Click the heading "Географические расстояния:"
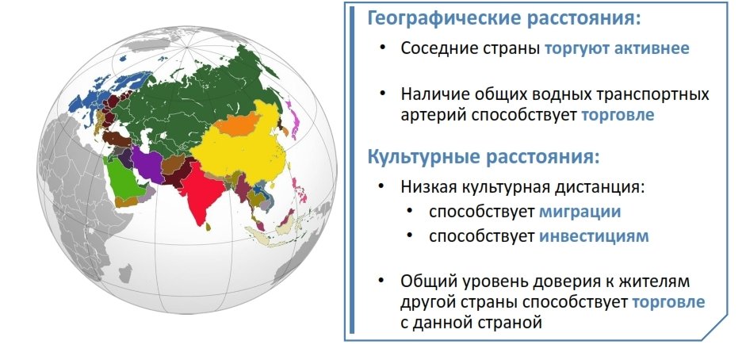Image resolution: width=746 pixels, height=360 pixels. pyautogui.click(x=504, y=18)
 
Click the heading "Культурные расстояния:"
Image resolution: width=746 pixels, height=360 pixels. pyautogui.click(x=484, y=157)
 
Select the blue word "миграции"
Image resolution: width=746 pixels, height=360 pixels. pyautogui.click(x=580, y=211)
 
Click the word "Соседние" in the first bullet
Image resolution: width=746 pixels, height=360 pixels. pyautogui.click(x=438, y=48)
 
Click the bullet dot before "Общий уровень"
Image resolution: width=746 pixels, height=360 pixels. pyautogui.click(x=382, y=280)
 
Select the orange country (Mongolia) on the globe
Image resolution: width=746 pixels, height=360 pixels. pyautogui.click(x=239, y=124)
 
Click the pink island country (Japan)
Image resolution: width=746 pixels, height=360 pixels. pyautogui.click(x=293, y=119)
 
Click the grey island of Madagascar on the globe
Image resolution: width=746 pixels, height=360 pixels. pyautogui.click(x=125, y=274)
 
